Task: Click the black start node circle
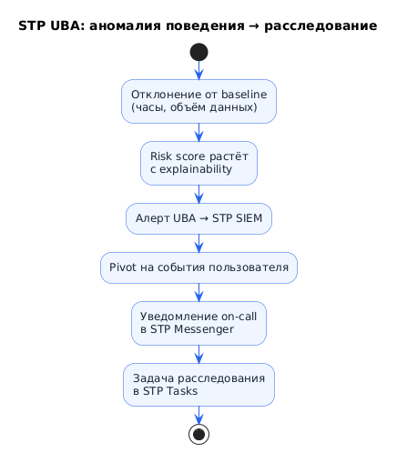tap(198, 52)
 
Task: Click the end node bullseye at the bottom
tap(198, 434)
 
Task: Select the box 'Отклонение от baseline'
tap(198, 101)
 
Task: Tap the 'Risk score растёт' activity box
tap(198, 163)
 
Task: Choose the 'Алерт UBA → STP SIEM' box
tap(198, 218)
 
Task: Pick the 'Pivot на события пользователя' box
tap(198, 267)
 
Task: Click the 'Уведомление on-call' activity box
tap(198, 323)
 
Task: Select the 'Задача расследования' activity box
tap(198, 385)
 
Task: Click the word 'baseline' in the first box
tap(244, 95)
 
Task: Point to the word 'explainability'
tap(196, 169)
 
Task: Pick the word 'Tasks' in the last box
tap(185, 391)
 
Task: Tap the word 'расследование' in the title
tap(321, 26)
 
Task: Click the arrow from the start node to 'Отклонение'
tap(198, 70)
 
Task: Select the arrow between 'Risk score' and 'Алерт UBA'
tap(198, 195)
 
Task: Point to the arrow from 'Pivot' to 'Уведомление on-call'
tap(198, 293)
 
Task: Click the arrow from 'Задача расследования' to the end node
tap(198, 415)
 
